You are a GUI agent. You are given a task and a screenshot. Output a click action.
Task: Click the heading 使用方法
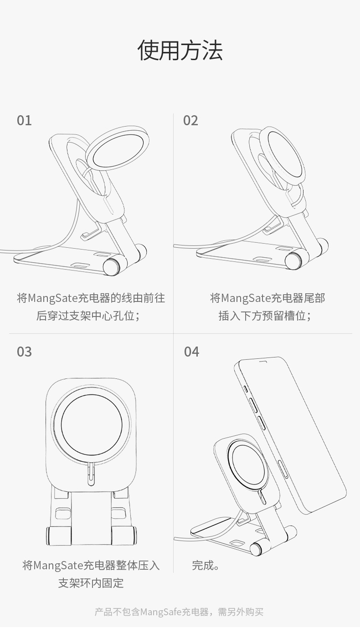180,50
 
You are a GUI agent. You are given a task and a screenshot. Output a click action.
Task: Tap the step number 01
24,120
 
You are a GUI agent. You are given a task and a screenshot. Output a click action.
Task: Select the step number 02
190,120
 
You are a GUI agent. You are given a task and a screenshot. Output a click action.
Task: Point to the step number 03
24,352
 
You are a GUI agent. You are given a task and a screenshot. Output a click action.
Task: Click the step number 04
191,352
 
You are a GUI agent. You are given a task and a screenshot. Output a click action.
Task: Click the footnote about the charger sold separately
179,612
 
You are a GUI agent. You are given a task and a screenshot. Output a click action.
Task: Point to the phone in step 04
290,435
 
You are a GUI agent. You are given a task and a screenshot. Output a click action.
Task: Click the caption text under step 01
91,307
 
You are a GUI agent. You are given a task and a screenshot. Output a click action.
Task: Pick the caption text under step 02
267,307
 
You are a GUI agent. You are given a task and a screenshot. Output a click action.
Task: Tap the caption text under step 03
91,574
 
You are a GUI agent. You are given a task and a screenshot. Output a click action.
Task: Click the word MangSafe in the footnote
161,612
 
